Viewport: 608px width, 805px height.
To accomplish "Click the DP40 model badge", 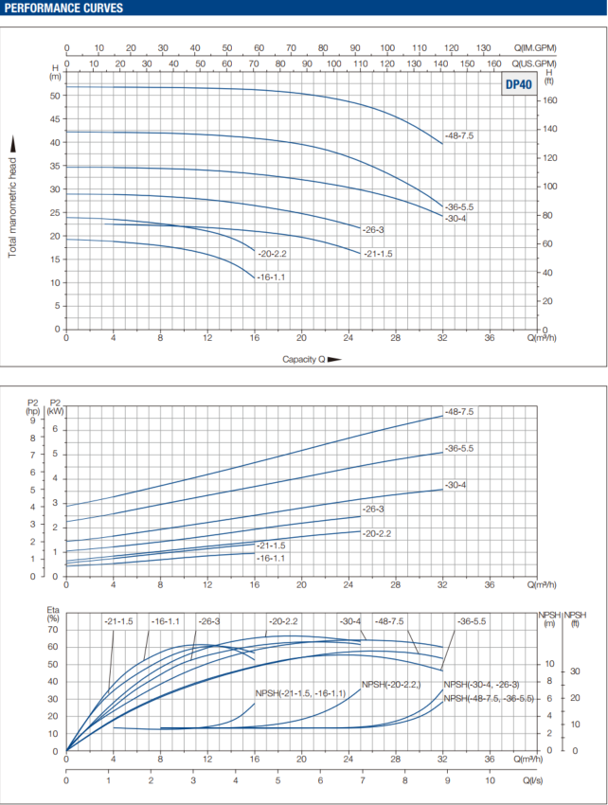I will [x=518, y=83].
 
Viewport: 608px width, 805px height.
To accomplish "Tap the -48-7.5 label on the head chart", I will [x=458, y=136].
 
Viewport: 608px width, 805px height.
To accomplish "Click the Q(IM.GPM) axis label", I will [x=535, y=47].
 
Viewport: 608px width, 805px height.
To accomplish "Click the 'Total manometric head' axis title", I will [x=14, y=197].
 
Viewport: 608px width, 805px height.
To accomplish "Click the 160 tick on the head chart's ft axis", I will [x=548, y=100].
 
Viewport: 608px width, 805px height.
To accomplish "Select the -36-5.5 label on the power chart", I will [x=458, y=448].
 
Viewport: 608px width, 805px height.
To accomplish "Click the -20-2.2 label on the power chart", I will [x=377, y=534].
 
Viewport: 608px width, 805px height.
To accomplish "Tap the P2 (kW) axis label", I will [x=55, y=407].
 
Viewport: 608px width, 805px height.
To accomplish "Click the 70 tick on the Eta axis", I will [x=54, y=630].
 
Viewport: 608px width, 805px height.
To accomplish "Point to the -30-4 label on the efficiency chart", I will [x=350, y=621].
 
